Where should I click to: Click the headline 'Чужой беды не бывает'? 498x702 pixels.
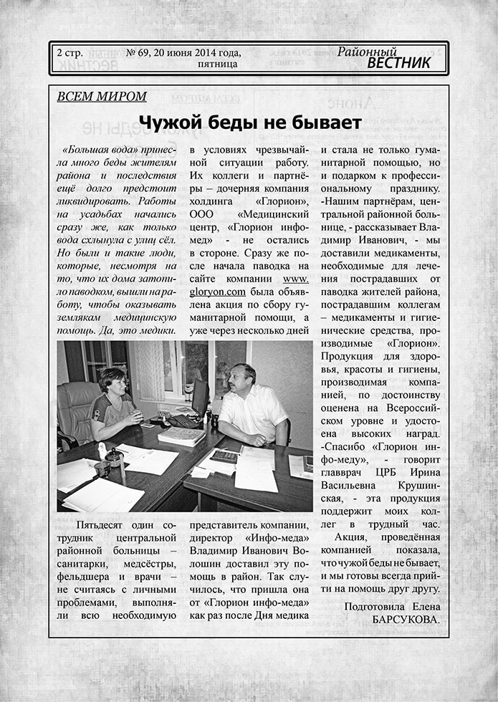[249, 122]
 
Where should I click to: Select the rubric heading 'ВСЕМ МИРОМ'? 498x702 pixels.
[102, 97]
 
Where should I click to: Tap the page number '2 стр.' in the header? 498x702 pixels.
[70, 53]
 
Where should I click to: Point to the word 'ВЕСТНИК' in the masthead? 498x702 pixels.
[399, 63]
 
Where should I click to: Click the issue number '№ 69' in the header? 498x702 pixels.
[141, 53]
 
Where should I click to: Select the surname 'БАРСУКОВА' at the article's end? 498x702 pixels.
[406, 618]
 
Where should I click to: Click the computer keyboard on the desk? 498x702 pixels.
[185, 420]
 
